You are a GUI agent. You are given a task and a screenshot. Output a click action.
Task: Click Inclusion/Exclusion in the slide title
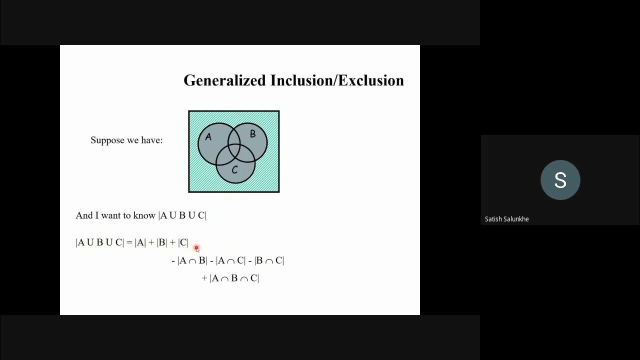[337, 80]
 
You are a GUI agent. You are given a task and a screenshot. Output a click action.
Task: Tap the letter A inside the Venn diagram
[208, 137]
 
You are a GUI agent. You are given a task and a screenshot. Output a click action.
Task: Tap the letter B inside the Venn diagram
[252, 134]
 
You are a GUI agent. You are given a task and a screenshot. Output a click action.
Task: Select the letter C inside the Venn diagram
[234, 170]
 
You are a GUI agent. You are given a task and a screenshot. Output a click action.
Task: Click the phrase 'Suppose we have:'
[126, 140]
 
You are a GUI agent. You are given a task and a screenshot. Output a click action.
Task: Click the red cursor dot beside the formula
[196, 247]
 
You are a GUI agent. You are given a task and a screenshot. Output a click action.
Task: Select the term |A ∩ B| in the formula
[192, 260]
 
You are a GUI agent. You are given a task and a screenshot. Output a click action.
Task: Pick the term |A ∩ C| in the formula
[230, 260]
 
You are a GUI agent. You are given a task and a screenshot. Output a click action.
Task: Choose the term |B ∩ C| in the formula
[269, 260]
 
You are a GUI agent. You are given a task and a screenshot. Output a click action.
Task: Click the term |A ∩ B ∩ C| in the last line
[234, 278]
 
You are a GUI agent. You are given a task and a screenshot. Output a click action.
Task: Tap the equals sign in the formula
[129, 242]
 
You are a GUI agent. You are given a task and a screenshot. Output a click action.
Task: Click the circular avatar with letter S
[560, 180]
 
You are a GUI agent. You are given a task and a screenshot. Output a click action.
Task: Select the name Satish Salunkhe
[506, 219]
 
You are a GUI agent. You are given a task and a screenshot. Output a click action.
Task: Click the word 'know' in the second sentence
[144, 215]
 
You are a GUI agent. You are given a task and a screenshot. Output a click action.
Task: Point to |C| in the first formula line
[183, 242]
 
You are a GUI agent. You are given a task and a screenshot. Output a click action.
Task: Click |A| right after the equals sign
[140, 242]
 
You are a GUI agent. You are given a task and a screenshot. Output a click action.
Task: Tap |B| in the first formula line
[161, 242]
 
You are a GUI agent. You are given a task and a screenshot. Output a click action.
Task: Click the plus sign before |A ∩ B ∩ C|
[204, 278]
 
